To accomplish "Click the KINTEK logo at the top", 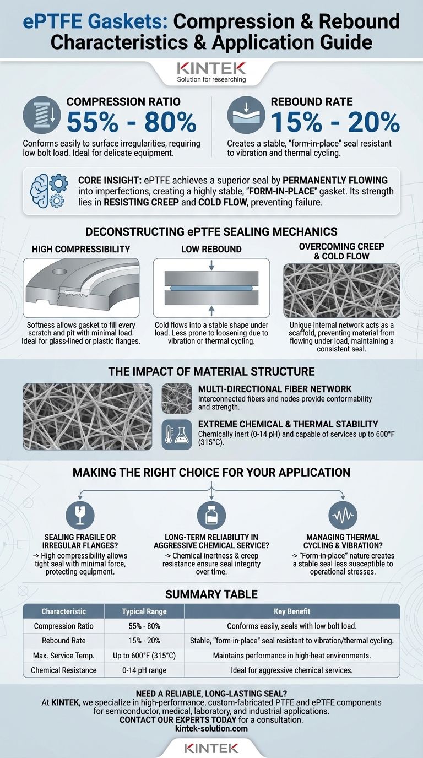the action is [x=211, y=68].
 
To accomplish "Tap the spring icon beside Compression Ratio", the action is [x=42, y=115].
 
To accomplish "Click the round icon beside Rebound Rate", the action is [x=246, y=115].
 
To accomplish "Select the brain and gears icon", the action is [x=49, y=191].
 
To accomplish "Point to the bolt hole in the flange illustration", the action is [x=59, y=272].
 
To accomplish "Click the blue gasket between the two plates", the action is [x=211, y=288].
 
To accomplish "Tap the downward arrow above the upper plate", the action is [x=211, y=265].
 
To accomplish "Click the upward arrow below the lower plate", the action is [x=211, y=311].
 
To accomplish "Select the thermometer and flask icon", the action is [x=177, y=435].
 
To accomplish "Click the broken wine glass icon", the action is [x=80, y=515].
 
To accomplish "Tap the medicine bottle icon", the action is [x=211, y=515].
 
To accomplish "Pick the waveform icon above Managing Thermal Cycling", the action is [x=343, y=515].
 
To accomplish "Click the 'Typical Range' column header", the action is [x=144, y=611].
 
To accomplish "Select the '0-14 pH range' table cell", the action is [x=144, y=670].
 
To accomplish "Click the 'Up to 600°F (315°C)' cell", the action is [x=144, y=656].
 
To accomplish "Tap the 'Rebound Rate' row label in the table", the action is [x=64, y=641].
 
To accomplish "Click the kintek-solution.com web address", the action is [x=211, y=728].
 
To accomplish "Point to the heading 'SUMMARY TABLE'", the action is [x=211, y=594].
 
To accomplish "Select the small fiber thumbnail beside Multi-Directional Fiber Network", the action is [x=177, y=398].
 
